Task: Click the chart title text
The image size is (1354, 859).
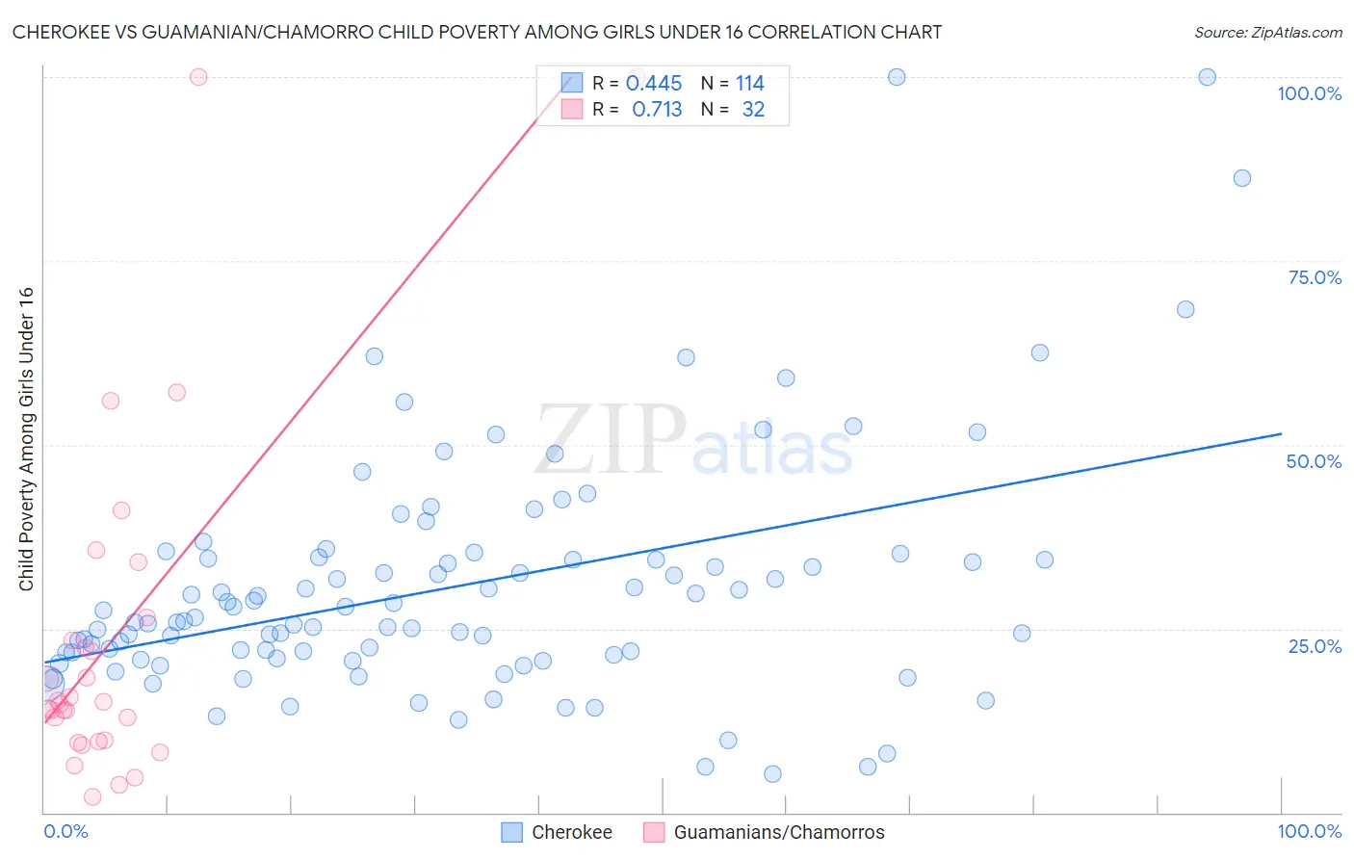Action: click(477, 32)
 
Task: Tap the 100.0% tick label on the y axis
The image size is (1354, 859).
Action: click(1309, 93)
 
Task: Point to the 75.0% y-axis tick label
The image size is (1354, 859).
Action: click(1315, 277)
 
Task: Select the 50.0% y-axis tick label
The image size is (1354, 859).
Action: click(1314, 461)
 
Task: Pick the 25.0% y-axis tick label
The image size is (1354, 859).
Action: click(1315, 646)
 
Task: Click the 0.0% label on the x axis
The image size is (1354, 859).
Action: click(65, 831)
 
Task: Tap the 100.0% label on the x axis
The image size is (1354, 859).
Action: click(1309, 831)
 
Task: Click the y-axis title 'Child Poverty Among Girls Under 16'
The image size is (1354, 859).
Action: click(26, 439)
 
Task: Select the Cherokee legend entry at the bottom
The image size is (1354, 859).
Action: click(557, 832)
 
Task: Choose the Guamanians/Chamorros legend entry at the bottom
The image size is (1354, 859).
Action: click(764, 832)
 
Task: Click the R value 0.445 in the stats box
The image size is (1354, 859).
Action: click(654, 84)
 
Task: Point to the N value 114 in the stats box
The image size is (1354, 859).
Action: click(750, 84)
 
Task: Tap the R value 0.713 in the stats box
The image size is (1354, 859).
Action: click(657, 110)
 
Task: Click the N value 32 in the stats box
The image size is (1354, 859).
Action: click(753, 110)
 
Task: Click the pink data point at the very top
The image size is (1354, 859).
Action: click(198, 77)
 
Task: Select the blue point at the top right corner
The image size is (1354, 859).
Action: click(1207, 77)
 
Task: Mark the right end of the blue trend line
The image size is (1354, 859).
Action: click(1281, 434)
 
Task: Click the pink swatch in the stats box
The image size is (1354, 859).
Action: click(572, 109)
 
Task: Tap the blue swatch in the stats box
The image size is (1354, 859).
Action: click(572, 83)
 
